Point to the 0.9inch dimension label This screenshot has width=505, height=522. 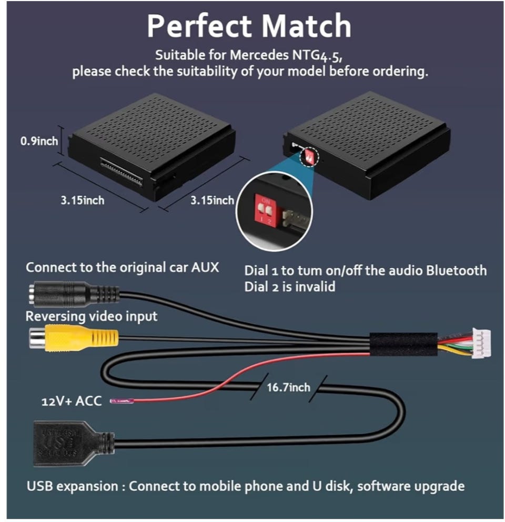point(39,141)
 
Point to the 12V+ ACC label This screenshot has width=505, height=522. point(72,402)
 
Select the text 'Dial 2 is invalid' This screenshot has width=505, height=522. point(289,287)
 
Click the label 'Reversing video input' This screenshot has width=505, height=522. point(92,316)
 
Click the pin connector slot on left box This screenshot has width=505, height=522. point(122,172)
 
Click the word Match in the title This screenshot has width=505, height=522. point(308,26)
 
